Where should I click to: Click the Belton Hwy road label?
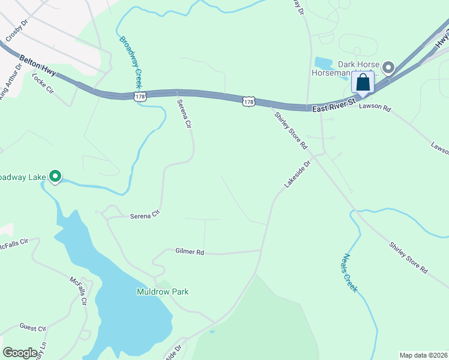point(38,65)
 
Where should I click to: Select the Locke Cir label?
point(43,83)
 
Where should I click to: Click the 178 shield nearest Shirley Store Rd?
point(249,101)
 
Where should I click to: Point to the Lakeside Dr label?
point(298,173)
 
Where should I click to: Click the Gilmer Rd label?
point(190,252)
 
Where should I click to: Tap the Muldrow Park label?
point(162,292)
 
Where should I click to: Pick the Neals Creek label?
point(351,271)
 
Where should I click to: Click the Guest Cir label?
point(33,328)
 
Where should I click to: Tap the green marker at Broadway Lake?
point(55,176)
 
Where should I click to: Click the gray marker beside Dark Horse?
point(388,67)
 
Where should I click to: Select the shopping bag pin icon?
point(363,82)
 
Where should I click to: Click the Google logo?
point(20,353)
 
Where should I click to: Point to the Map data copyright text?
point(424,355)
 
